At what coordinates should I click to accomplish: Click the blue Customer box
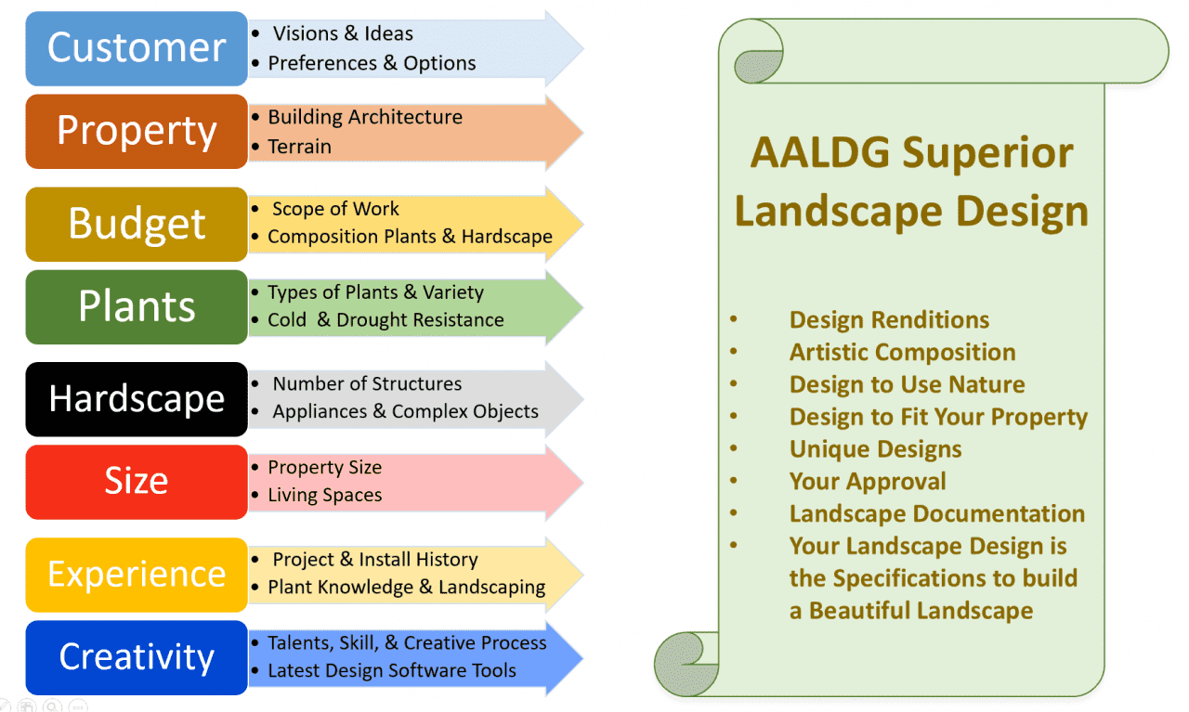137,48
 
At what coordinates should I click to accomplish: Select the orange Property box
137,131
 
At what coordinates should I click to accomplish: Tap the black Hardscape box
137,399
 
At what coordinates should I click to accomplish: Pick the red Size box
137,482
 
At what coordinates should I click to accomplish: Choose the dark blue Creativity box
137,657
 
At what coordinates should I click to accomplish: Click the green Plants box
137,306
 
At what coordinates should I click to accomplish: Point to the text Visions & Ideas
343,33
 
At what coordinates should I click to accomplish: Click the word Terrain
299,146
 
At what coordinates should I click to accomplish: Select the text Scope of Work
335,209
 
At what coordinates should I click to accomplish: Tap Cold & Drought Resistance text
385,319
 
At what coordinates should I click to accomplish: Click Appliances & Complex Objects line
405,411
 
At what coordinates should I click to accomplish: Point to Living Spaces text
324,495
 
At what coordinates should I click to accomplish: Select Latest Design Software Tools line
391,670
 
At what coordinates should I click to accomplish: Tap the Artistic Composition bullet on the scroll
902,353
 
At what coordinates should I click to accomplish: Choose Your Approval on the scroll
868,482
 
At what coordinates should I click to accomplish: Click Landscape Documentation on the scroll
936,513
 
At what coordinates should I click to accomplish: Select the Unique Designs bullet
875,449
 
